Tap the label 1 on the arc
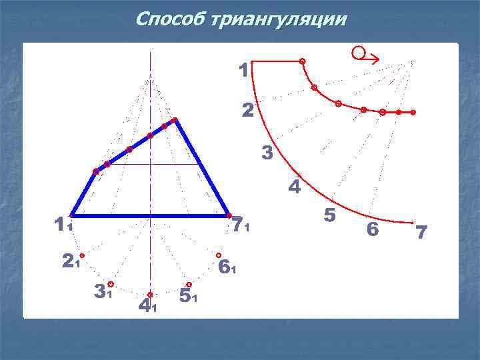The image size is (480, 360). point(243,69)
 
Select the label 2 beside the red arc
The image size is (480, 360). point(247,111)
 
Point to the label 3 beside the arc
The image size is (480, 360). point(267,154)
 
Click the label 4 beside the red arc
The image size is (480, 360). point(294,187)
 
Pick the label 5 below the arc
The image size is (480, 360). point(329,215)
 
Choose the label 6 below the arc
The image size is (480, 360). point(373,229)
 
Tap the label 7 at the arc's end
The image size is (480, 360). point(421,233)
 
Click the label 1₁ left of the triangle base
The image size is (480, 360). point(63,225)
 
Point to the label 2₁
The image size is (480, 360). point(70,263)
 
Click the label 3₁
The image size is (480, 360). point(102,291)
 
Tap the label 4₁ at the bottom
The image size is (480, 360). point(147,305)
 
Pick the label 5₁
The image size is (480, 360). point(188,295)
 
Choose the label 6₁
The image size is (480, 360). point(227,267)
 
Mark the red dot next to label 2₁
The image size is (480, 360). point(82,255)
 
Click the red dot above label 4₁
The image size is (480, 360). point(150,294)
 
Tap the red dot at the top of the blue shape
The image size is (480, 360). point(175,120)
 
